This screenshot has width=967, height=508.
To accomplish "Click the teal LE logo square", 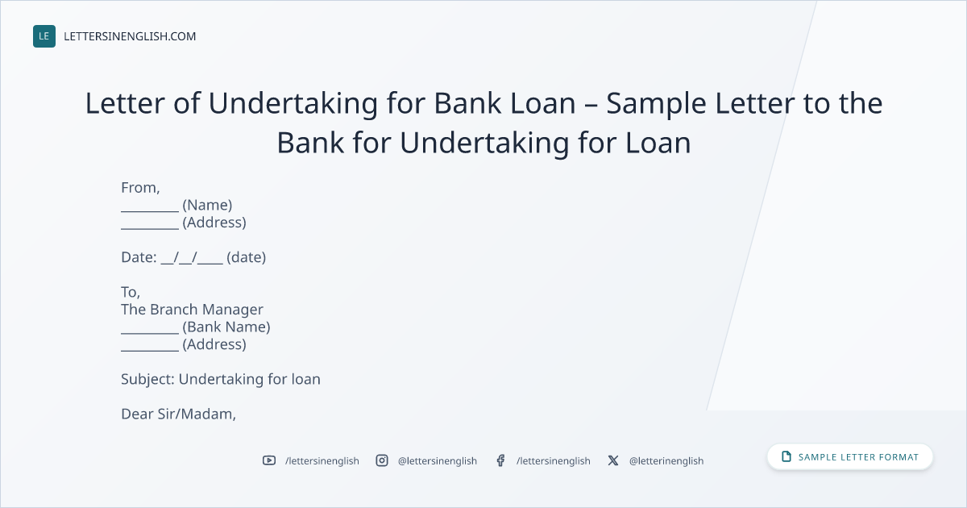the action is click(x=44, y=36).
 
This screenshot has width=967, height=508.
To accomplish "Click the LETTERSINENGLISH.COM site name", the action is click(x=130, y=36).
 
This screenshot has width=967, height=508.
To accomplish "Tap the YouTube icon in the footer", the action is click(x=269, y=460).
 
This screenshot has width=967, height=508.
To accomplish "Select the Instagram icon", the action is click(x=382, y=460).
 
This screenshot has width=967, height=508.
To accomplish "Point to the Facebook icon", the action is click(x=500, y=460).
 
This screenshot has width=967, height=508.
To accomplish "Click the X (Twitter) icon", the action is click(x=613, y=460).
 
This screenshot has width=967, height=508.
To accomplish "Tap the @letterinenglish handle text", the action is click(x=666, y=461).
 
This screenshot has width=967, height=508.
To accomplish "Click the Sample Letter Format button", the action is click(x=849, y=456).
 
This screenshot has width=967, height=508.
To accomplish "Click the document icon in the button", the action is click(x=786, y=456).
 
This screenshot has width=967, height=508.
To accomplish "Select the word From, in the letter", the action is click(x=140, y=188).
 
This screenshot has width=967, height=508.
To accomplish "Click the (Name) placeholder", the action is click(x=207, y=205).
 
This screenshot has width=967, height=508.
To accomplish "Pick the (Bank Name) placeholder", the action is click(x=226, y=327).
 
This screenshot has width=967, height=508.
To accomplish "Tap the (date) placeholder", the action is click(x=246, y=257).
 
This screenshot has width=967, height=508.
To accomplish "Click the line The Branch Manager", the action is click(x=192, y=310).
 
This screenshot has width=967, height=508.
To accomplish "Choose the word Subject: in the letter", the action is click(x=147, y=379).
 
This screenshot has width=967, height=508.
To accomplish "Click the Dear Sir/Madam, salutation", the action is click(x=178, y=414).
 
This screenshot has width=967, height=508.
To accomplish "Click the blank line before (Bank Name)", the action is click(x=150, y=333).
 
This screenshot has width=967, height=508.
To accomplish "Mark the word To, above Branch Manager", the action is click(x=131, y=293).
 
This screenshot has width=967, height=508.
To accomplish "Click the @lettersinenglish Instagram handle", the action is click(x=438, y=461).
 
